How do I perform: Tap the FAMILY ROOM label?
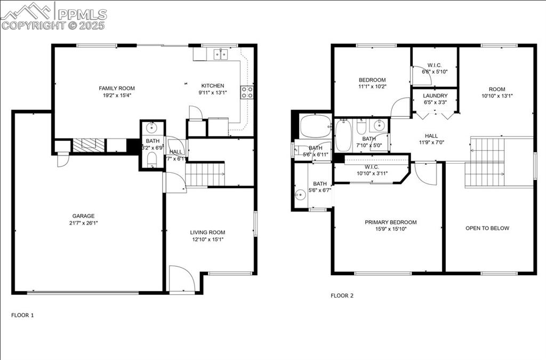click(117, 89)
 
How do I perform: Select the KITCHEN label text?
click(212, 86)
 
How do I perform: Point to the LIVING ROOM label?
click(207, 233)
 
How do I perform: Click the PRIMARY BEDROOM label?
click(390, 222)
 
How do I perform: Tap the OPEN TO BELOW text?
click(487, 228)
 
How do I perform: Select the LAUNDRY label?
click(435, 96)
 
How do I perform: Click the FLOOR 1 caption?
click(22, 315)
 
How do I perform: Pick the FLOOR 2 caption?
click(342, 295)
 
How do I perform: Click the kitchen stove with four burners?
click(247, 92)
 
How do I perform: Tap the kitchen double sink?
click(220, 54)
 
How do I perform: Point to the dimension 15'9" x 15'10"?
click(390, 229)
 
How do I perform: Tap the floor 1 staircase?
click(205, 174)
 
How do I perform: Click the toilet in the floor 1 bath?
click(151, 159)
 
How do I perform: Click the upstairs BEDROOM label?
click(372, 80)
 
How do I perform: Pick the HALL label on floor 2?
click(431, 136)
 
